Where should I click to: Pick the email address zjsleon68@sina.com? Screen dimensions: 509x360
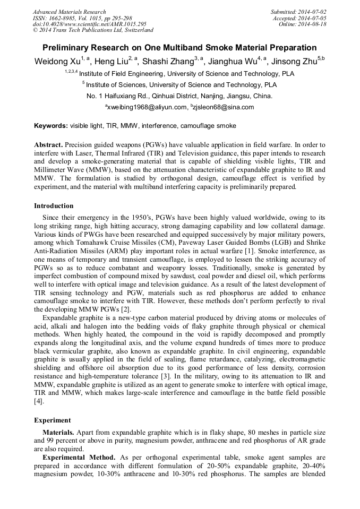point(224,107)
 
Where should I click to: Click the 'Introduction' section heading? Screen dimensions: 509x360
point(54,205)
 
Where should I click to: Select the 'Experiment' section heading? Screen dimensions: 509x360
point(53,420)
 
